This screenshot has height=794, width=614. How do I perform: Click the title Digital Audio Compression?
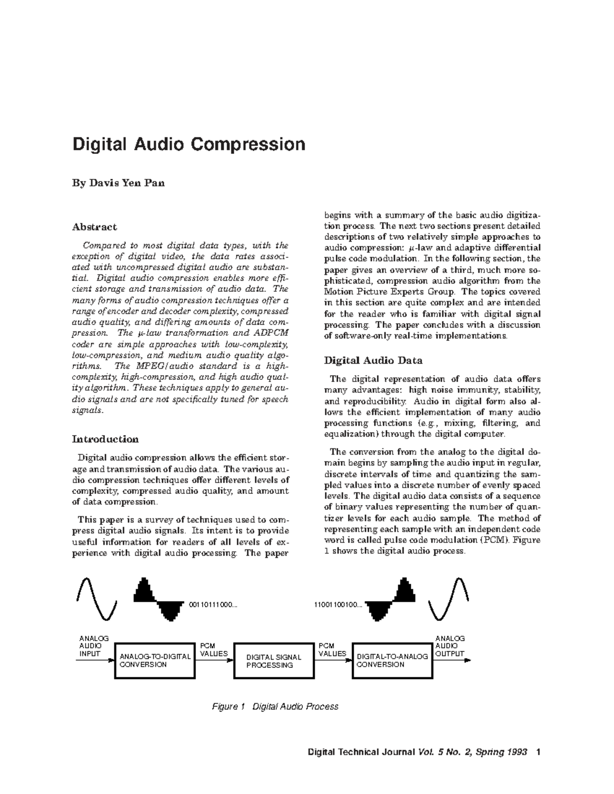point(189,144)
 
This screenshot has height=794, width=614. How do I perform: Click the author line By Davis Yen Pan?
point(118,183)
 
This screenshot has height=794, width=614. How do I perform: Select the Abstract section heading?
point(94,226)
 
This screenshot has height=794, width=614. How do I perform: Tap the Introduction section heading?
point(105,439)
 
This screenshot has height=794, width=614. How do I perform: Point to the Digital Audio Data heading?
point(373,360)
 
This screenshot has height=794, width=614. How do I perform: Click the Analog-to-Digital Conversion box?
point(155,661)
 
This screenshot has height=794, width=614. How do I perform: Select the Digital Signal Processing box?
point(274,661)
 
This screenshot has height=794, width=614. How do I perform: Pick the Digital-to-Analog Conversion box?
point(392,661)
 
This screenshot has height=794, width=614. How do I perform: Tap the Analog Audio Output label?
point(450,646)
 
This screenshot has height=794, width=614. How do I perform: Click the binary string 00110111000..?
point(213,605)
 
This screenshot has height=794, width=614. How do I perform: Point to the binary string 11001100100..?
point(338,605)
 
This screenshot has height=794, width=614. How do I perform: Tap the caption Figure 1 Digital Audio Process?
point(275,707)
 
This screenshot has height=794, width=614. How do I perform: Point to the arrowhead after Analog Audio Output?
point(467,660)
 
